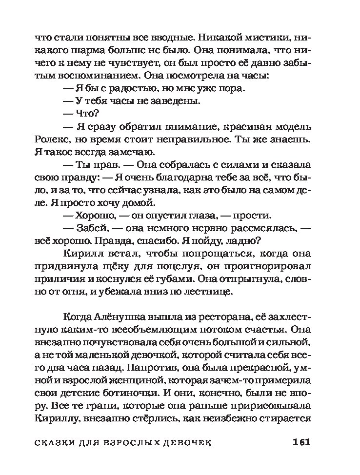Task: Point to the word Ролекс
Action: click(51, 139)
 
